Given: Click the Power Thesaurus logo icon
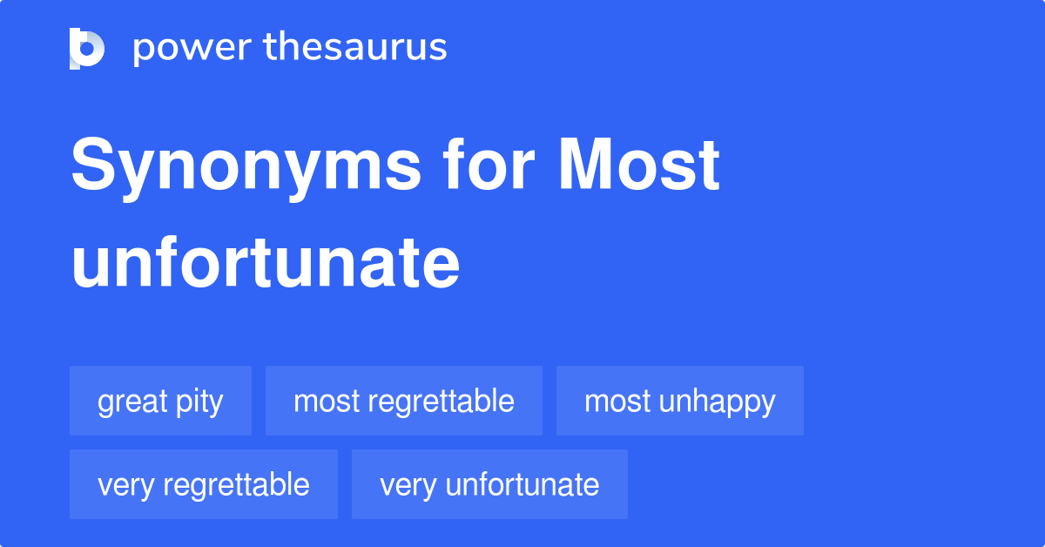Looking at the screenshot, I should pos(87,48).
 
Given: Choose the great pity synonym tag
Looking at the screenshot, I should pos(160,402).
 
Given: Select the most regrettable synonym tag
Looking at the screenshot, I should pos(403,402).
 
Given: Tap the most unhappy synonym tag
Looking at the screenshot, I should pos(679,402).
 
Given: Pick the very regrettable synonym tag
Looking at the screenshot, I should pos(203,484).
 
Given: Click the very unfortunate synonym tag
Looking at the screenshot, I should pos(489,484).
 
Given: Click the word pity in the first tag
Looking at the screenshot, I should pos(201,402).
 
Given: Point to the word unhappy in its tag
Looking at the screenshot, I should pos(718,402).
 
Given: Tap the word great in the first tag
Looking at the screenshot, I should pos(132,402).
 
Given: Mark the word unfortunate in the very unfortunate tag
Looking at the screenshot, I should pos(522,484).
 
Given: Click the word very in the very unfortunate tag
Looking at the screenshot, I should pos(408,485).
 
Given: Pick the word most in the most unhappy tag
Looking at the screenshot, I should pos(617,402).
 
